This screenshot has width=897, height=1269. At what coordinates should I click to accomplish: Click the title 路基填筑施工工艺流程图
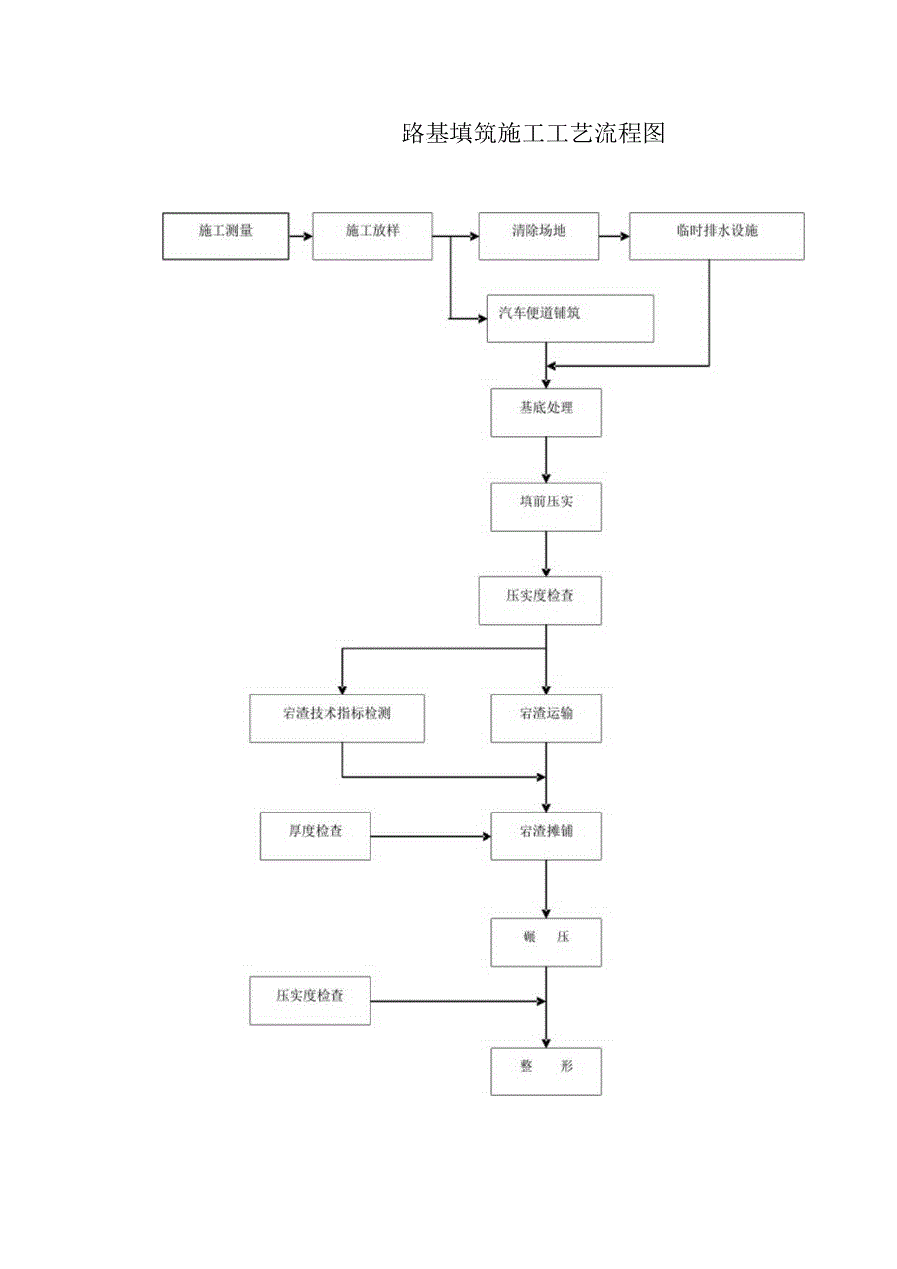[x=532, y=135]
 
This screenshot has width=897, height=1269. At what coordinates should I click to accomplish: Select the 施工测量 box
[x=225, y=236]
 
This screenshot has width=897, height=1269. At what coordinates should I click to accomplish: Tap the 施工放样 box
[x=372, y=236]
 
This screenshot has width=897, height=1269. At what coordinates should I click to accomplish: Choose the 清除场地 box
[x=538, y=236]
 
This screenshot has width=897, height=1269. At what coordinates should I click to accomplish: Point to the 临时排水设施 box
[x=717, y=236]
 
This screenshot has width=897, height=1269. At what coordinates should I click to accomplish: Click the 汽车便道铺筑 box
[x=570, y=319]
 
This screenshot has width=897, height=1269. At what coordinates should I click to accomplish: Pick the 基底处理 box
[x=546, y=413]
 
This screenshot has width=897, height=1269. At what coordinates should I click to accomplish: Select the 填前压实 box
[x=546, y=506]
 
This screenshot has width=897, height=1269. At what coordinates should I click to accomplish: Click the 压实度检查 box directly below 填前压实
[x=539, y=601]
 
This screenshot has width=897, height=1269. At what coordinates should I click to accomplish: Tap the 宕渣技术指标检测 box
[x=336, y=719]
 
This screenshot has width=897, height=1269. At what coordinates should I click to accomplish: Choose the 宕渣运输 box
[x=546, y=719]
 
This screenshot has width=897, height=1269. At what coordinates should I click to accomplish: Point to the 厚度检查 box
[x=315, y=836]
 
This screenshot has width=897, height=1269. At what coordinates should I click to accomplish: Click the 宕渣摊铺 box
[x=546, y=836]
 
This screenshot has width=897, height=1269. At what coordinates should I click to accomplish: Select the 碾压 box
[x=546, y=942]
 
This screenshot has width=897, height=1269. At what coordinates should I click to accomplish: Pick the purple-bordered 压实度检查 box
[x=310, y=1001]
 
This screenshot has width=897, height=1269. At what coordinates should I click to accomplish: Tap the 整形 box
[x=546, y=1071]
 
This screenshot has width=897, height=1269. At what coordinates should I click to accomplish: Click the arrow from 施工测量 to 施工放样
[x=300, y=236]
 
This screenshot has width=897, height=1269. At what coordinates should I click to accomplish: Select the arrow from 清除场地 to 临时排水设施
[x=614, y=236]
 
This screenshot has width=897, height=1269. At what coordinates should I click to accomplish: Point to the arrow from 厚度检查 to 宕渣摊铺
[x=430, y=836]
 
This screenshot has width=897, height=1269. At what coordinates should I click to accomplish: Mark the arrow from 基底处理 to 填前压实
[x=546, y=459]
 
